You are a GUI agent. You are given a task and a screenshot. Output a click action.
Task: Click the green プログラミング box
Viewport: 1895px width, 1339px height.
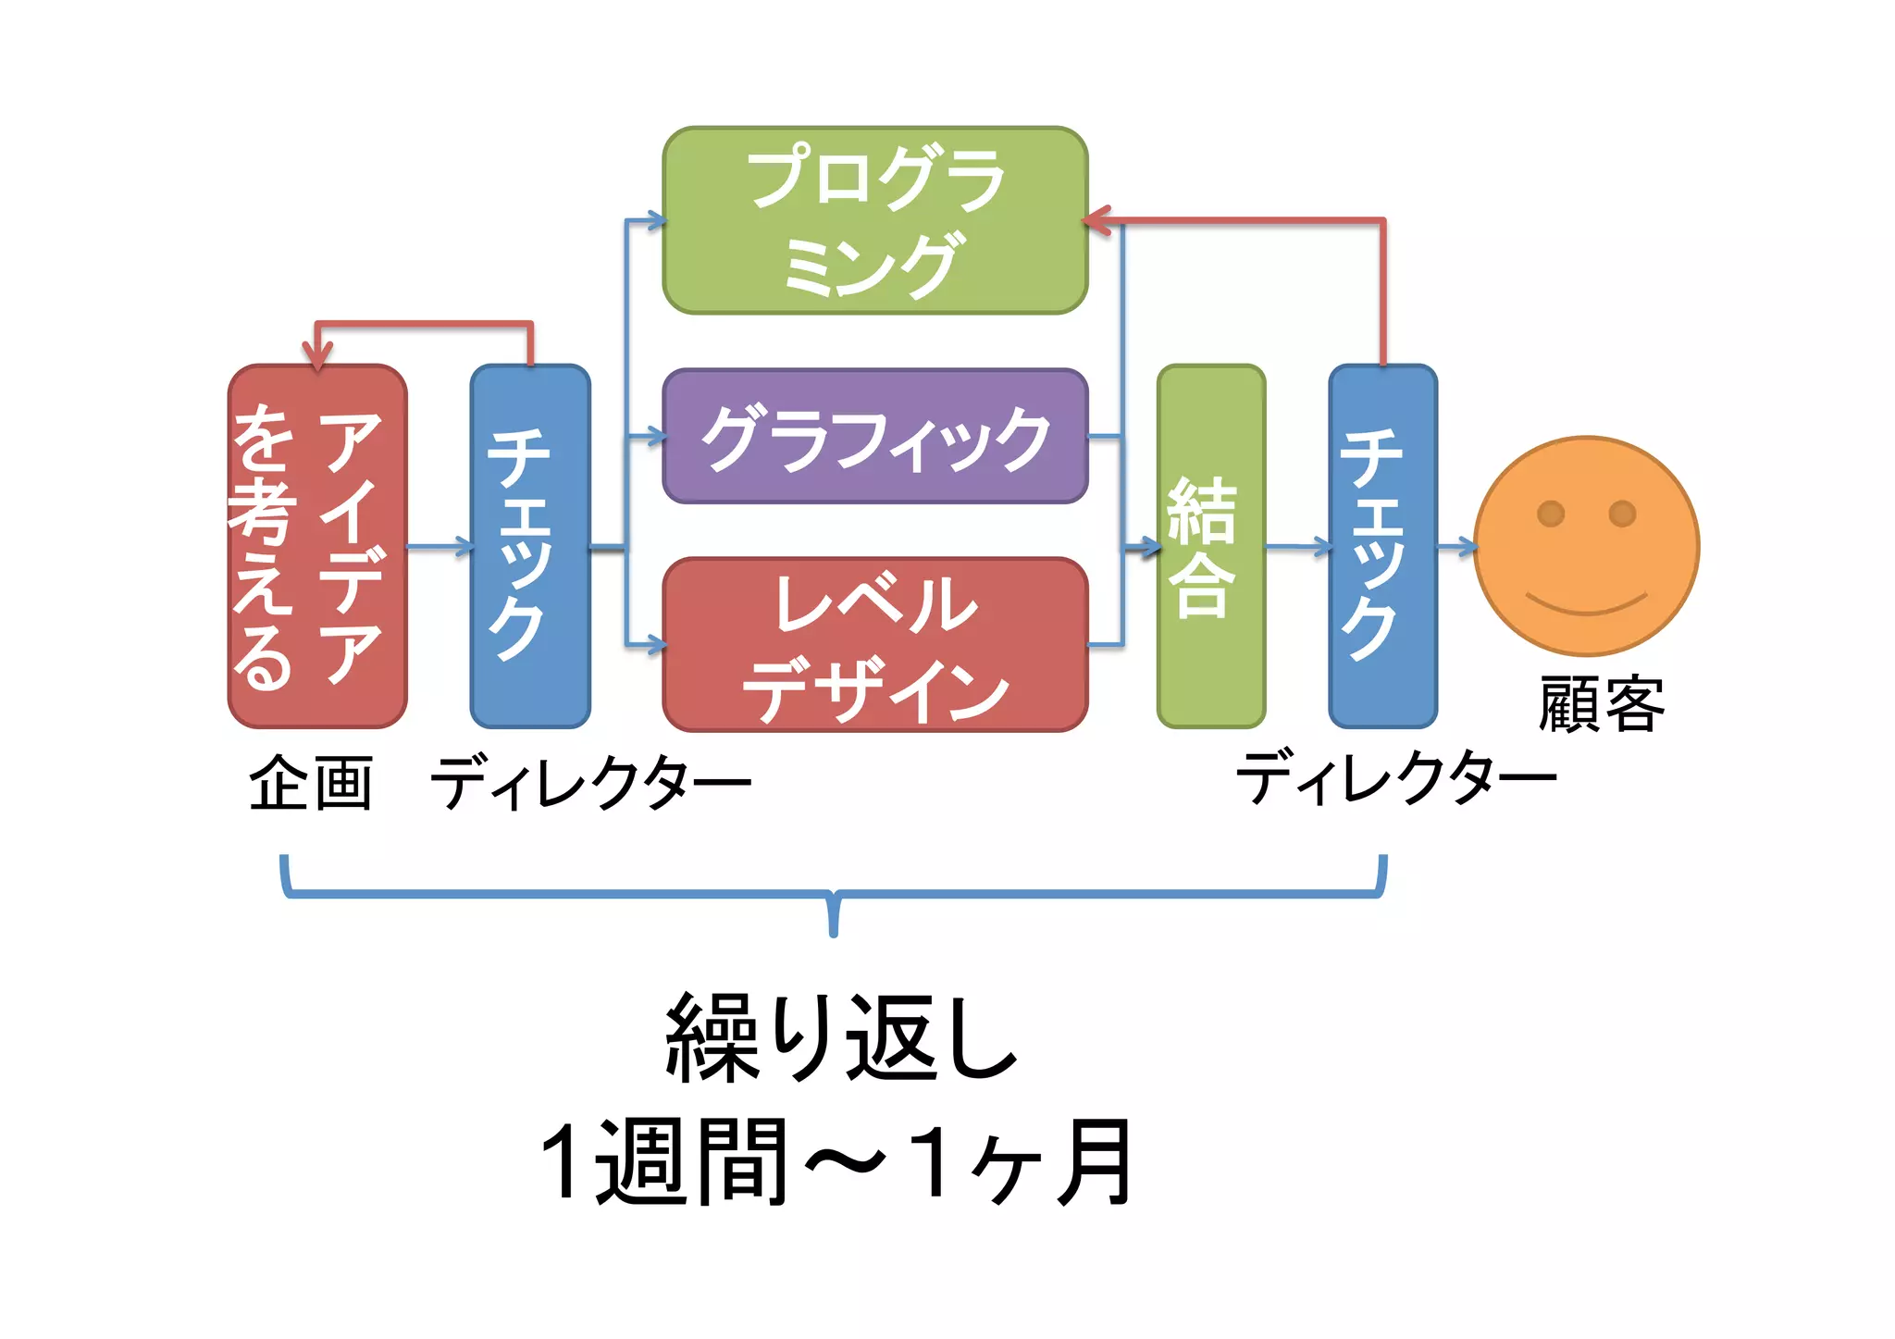[x=874, y=220]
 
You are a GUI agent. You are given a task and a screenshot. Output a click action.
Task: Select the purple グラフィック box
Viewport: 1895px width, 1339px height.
[x=874, y=436]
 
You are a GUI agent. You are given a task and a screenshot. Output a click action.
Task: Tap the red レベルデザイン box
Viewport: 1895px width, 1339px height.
[x=874, y=644]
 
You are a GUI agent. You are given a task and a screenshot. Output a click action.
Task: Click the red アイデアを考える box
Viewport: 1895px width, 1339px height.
[x=317, y=546]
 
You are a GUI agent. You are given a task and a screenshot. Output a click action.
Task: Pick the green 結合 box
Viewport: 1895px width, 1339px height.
[x=1210, y=546]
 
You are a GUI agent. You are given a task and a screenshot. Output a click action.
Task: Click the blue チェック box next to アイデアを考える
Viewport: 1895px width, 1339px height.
[x=530, y=546]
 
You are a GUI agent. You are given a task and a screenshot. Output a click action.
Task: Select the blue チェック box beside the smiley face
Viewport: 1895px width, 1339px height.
[x=1382, y=546]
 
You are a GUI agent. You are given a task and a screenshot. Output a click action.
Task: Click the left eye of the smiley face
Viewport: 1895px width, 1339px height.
[x=1551, y=513]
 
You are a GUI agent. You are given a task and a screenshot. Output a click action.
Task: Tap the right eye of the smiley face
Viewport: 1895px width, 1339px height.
[x=1622, y=513]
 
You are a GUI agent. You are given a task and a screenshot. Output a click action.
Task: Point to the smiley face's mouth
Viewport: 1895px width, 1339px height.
[x=1587, y=605]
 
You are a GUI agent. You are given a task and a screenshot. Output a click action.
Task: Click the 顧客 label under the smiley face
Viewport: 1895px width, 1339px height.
[x=1602, y=705]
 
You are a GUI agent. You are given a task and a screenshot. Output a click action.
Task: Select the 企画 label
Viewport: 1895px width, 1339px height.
[x=311, y=783]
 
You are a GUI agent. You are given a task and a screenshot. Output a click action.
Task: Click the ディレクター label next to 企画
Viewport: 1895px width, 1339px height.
[x=590, y=783]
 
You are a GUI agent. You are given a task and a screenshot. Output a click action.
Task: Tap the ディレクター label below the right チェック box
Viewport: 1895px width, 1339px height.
[x=1396, y=777]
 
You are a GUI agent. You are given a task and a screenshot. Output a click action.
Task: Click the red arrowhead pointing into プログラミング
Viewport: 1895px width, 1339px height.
[x=1097, y=221]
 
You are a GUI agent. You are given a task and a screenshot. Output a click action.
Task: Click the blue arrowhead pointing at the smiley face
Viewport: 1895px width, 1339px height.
[x=1468, y=547]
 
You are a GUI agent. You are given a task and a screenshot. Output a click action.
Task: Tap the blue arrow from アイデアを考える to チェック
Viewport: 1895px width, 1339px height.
[x=440, y=547]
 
